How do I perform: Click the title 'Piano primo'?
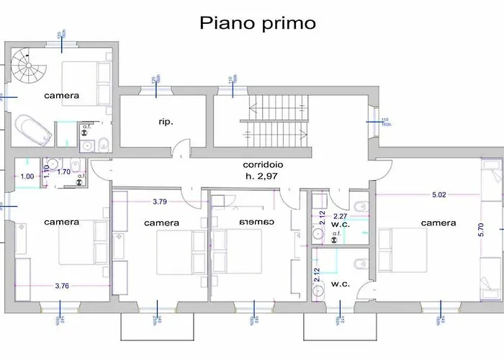tap(257, 22)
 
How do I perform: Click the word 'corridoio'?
tap(263, 164)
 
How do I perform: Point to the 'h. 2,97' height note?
tap(263, 175)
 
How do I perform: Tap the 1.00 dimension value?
tap(27, 176)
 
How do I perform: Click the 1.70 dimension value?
tap(63, 172)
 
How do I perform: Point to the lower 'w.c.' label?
tap(341, 284)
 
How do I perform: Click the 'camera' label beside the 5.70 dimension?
tap(438, 223)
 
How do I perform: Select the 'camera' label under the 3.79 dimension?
tap(161, 223)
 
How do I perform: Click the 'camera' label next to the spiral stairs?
tap(61, 95)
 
